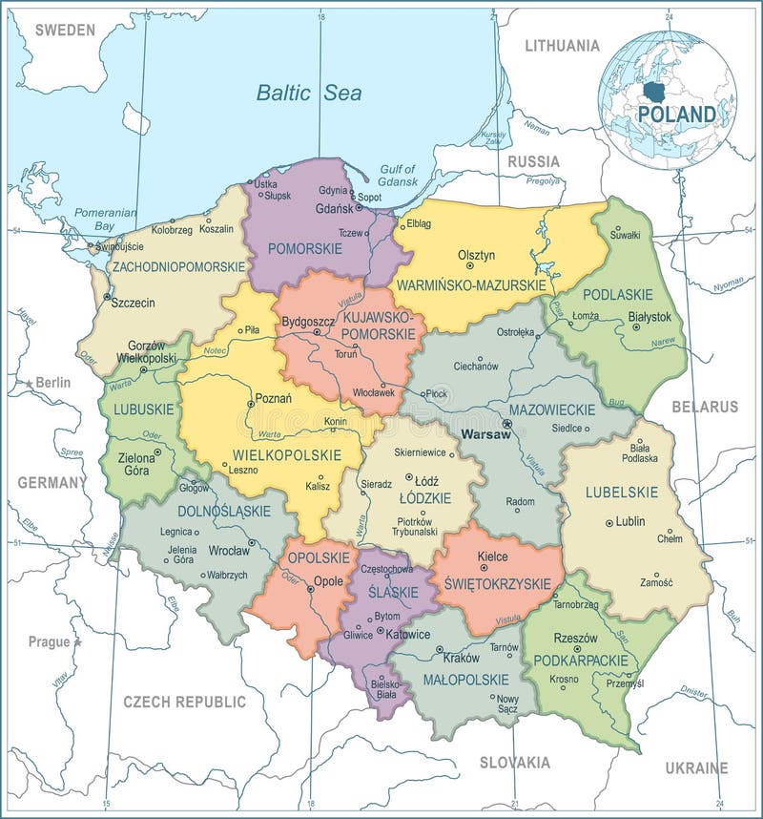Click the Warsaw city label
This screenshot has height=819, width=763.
pyautogui.click(x=485, y=433)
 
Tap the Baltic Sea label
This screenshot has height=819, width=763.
pyautogui.click(x=308, y=93)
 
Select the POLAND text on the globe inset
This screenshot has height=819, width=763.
pyautogui.click(x=676, y=114)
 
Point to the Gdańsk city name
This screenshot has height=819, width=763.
pyautogui.click(x=334, y=207)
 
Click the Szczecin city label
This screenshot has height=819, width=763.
pyautogui.click(x=133, y=303)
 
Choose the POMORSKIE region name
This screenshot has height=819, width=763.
pyautogui.click(x=304, y=247)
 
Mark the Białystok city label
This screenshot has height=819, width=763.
pyautogui.click(x=650, y=316)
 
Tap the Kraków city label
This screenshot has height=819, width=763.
pyautogui.click(x=461, y=657)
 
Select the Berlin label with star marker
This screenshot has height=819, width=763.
pyautogui.click(x=53, y=382)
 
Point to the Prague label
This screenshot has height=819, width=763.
pyautogui.click(x=49, y=641)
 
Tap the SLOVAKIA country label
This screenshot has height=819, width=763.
pyautogui.click(x=514, y=762)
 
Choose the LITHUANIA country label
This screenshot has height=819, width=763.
pyautogui.click(x=562, y=45)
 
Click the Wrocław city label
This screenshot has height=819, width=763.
pyautogui.click(x=229, y=550)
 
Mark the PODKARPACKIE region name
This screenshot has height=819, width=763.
pyautogui.click(x=581, y=660)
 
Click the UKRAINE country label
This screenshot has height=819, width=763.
pyautogui.click(x=695, y=767)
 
